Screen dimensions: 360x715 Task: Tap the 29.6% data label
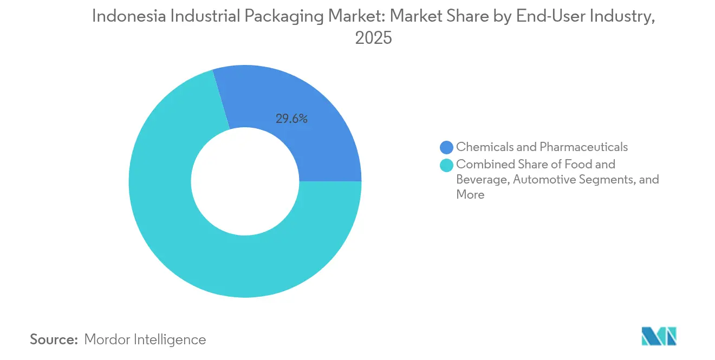[x=291, y=119]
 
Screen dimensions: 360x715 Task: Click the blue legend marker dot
[x=447, y=147]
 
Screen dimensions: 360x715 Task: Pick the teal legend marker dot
[x=447, y=165]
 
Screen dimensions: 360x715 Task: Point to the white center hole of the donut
[x=245, y=181]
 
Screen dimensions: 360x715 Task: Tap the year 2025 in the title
[x=373, y=38]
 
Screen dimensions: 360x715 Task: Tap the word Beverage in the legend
[x=482, y=179]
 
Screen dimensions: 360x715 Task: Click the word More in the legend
[x=470, y=194]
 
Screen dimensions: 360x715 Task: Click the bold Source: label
[x=54, y=339]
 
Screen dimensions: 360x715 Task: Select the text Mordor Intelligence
[x=145, y=339]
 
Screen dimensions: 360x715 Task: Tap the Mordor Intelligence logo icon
[x=659, y=336]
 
